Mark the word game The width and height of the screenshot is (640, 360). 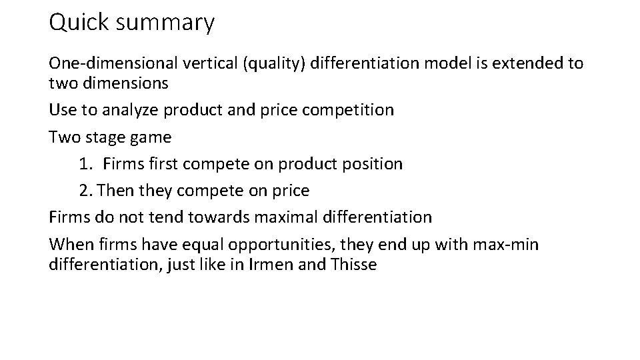[x=152, y=138]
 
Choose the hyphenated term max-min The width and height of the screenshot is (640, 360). [x=506, y=245]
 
